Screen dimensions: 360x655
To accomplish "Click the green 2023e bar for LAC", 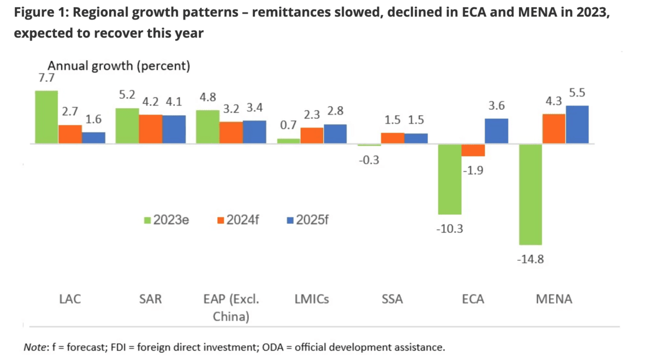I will pyautogui.click(x=46, y=117).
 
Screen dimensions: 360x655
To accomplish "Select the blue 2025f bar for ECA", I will pyautogui.click(x=496, y=131).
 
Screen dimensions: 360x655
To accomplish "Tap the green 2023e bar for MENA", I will pyautogui.click(x=530, y=194).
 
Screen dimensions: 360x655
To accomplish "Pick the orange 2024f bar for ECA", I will pyautogui.click(x=473, y=150).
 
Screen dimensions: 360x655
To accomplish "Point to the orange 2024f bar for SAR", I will pyautogui.click(x=151, y=129).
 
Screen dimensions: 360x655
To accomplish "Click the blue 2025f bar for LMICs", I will pyautogui.click(x=335, y=134).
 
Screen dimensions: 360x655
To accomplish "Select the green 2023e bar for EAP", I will pyautogui.click(x=207, y=127).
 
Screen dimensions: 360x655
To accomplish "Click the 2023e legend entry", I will pyautogui.click(x=166, y=220).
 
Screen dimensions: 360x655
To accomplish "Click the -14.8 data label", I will pyautogui.click(x=530, y=259).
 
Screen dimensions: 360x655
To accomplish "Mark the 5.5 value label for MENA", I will pyautogui.click(x=577, y=94).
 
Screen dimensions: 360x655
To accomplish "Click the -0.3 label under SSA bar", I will pyautogui.click(x=369, y=160).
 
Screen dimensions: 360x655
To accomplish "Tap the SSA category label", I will pyautogui.click(x=393, y=299).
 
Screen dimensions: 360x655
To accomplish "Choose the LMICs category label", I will pyautogui.click(x=312, y=299).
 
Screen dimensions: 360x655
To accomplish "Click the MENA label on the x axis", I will pyautogui.click(x=555, y=299).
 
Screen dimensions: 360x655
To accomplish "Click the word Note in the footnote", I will pyautogui.click(x=34, y=346).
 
